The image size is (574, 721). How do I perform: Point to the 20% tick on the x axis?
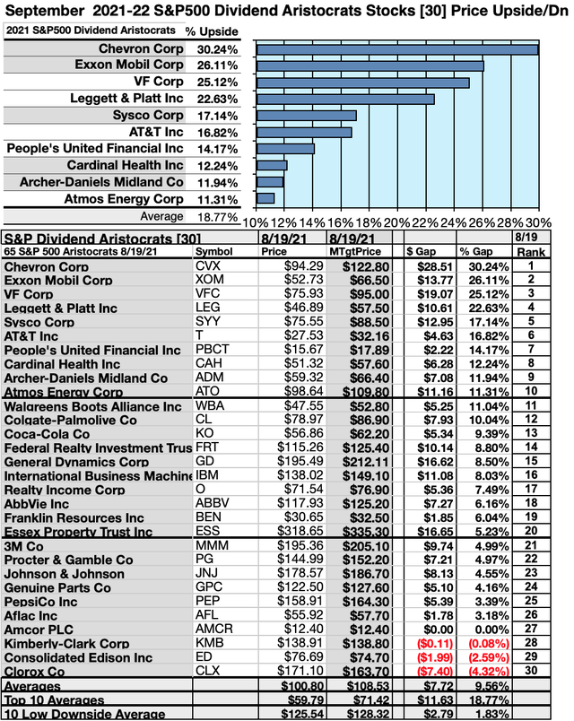coord(396,222)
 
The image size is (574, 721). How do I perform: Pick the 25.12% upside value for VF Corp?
coord(205,82)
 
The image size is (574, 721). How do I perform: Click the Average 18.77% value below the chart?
coord(205,216)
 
